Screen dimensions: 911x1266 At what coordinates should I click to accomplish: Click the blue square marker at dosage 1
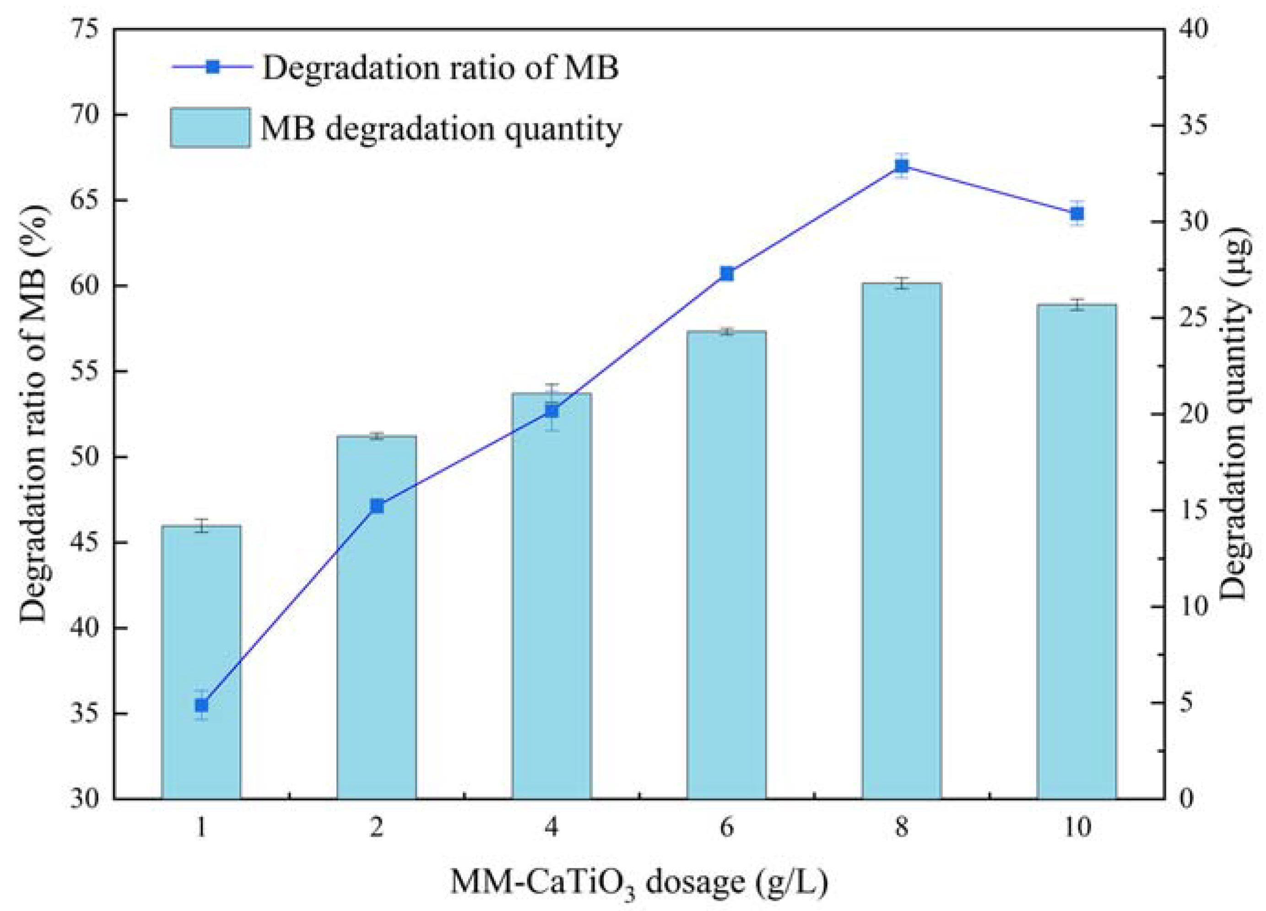(x=201, y=706)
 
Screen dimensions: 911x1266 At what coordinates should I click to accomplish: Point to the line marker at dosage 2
(x=377, y=506)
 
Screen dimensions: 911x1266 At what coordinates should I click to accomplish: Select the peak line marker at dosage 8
(x=902, y=166)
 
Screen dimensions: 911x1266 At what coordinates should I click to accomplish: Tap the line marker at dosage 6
(x=726, y=273)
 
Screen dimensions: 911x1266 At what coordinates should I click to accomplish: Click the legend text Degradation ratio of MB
(x=441, y=68)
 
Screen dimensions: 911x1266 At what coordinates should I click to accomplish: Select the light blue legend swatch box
(x=210, y=128)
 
